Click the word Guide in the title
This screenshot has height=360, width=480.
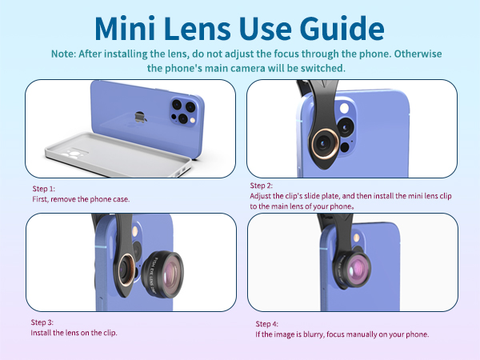point(342,29)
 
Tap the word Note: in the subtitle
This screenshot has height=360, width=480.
point(63,54)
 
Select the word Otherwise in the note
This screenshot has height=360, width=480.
point(418,54)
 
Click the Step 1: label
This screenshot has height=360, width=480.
point(43,189)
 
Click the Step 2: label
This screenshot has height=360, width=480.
point(261,186)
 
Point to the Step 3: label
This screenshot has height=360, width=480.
point(42,322)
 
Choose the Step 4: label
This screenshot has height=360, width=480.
point(266,324)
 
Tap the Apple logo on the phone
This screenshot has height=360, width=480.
point(140,117)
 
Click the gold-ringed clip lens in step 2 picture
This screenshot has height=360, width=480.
point(325,143)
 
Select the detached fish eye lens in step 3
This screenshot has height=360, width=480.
point(163,274)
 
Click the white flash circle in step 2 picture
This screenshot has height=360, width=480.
point(344,108)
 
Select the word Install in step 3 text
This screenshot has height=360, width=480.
point(41,333)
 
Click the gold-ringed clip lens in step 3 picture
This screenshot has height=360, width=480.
point(126,270)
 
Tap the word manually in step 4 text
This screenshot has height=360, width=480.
point(362,334)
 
